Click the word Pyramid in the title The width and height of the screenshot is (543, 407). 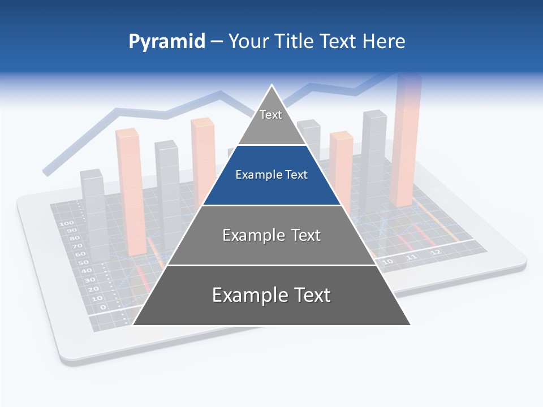tap(167, 42)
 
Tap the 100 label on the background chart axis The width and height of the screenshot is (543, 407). tap(63, 223)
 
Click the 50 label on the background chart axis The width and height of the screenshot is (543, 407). tap(83, 263)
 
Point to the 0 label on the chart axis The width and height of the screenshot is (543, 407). tap(102, 307)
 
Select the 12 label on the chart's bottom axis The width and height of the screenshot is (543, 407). tap(435, 252)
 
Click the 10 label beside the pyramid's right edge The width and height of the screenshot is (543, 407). tap(387, 262)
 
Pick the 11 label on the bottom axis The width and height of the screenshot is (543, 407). tap(411, 257)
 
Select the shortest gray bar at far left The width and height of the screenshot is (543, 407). tap(93, 215)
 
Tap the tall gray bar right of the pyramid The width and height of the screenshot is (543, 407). tap(373, 161)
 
